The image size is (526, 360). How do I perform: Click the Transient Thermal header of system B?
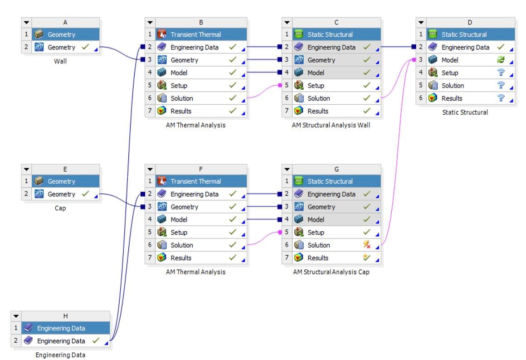tap(195, 34)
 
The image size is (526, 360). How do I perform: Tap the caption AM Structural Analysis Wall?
tap(331, 126)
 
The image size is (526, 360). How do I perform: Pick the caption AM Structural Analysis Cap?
tap(331, 272)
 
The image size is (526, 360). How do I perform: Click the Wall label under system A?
tap(60, 62)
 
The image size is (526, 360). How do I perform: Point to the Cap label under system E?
tap(60, 209)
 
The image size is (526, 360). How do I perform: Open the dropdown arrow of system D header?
tap(421, 22)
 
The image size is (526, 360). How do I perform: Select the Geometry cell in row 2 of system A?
tap(61, 47)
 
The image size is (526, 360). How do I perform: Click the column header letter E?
tap(65, 169)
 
